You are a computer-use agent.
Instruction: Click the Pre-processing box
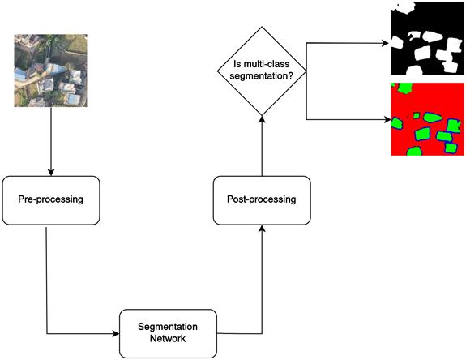pos(52,200)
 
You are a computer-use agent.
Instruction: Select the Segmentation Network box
pos(169,332)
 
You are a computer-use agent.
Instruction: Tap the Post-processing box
pos(262,199)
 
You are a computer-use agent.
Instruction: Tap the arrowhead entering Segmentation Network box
pos(115,332)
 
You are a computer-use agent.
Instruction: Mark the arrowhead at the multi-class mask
pos(387,120)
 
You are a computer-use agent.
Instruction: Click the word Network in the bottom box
pos(169,339)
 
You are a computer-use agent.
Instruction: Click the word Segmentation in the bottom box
pos(169,326)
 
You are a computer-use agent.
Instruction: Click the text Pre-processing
pos(52,200)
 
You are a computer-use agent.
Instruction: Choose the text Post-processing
pos(262,199)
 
